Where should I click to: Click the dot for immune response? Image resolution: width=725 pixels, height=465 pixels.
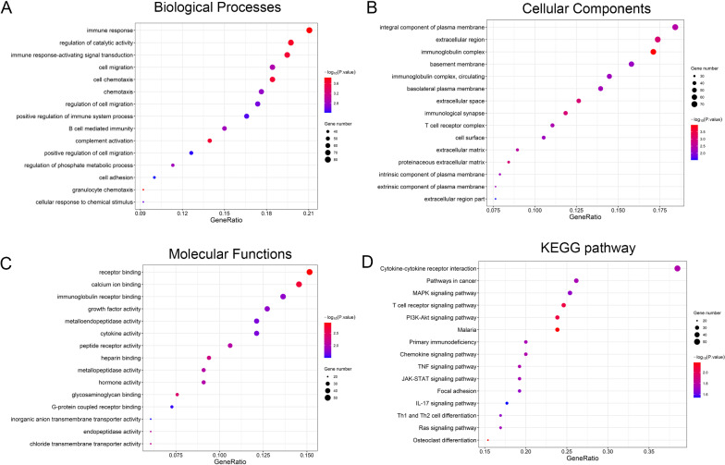[x=309, y=31]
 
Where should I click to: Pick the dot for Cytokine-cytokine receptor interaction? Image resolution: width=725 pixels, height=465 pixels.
[x=678, y=268]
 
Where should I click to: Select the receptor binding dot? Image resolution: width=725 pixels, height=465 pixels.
[x=310, y=272]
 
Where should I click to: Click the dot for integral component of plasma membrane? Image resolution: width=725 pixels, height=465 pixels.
[x=675, y=27]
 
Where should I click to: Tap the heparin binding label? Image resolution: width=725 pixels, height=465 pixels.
[x=118, y=358]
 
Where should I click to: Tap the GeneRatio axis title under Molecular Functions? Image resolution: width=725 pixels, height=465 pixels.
[x=227, y=463]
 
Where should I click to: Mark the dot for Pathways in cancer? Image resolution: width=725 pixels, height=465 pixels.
[x=576, y=280]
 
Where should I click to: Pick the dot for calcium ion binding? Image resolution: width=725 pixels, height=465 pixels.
[x=299, y=284]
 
